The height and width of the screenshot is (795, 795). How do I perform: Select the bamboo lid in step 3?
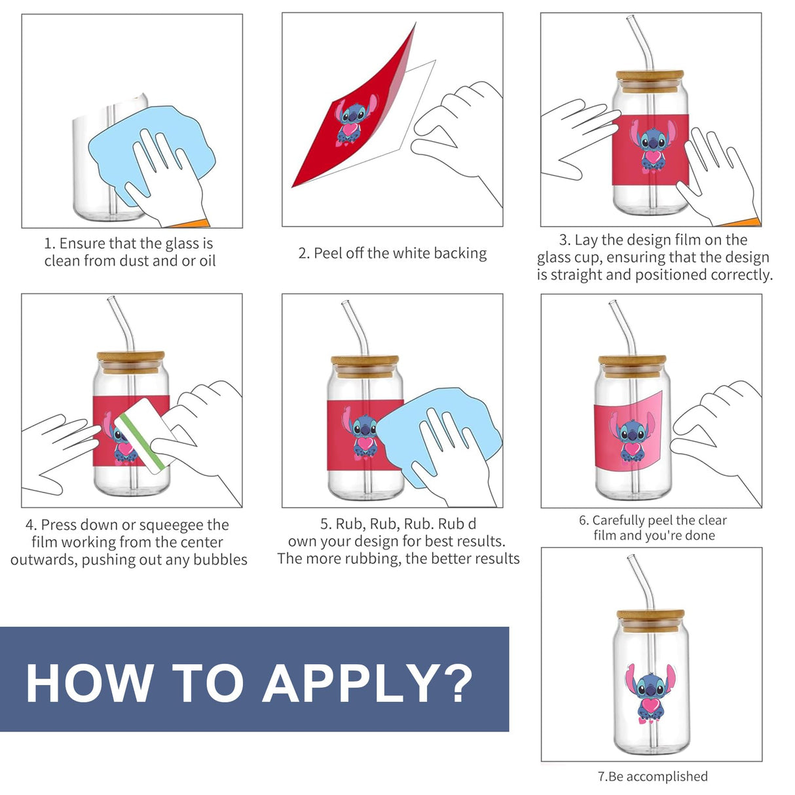(650, 81)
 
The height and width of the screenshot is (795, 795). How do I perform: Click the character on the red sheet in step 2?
(354, 121)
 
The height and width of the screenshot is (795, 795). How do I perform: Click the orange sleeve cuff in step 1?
(191, 225)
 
